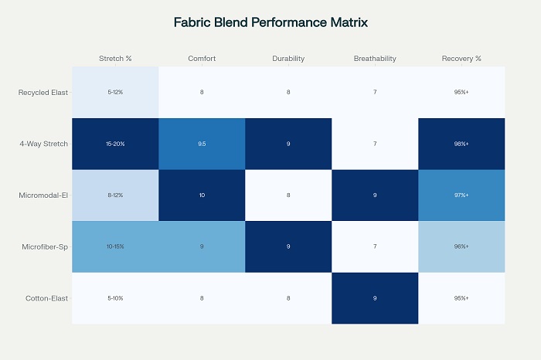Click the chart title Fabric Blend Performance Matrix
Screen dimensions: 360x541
(270, 22)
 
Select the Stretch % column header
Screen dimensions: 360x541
(115, 59)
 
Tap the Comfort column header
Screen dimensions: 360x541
(202, 59)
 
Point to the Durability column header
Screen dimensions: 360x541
(288, 59)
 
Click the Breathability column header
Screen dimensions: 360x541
(375, 59)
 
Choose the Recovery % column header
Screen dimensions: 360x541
(461, 59)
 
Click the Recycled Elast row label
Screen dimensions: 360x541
(44, 93)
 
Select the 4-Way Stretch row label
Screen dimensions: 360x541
(44, 144)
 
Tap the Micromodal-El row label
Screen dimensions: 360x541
(44, 195)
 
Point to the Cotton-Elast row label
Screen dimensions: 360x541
(47, 298)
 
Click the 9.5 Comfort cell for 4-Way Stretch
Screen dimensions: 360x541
(202, 144)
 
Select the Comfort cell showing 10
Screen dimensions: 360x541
(202, 195)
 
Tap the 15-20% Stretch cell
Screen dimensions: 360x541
(115, 144)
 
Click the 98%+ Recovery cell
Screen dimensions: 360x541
(461, 144)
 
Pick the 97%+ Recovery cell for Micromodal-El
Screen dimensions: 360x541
(461, 195)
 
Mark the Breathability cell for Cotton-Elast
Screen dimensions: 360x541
(375, 298)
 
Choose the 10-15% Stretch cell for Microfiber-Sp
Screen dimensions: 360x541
(115, 246)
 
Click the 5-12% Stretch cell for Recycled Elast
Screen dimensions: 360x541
(115, 93)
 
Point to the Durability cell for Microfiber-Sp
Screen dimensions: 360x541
(288, 246)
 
